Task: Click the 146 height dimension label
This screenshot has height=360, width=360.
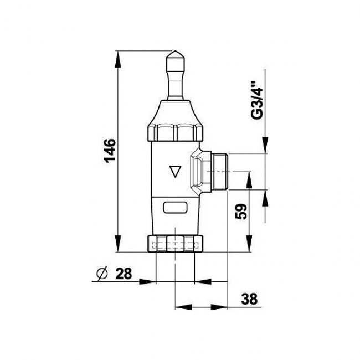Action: pos(110,151)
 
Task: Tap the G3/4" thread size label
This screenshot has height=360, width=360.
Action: pos(256,100)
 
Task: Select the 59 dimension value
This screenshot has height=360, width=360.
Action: pos(241,211)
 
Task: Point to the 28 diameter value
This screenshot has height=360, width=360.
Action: pos(124,273)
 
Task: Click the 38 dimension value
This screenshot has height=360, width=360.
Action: pos(249,299)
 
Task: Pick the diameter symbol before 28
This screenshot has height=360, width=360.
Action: pos(102,274)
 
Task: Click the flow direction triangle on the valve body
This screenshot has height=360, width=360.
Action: pos(175,171)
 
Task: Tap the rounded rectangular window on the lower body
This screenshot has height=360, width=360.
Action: pos(175,208)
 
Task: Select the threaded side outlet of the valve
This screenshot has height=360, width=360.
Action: pos(219,171)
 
